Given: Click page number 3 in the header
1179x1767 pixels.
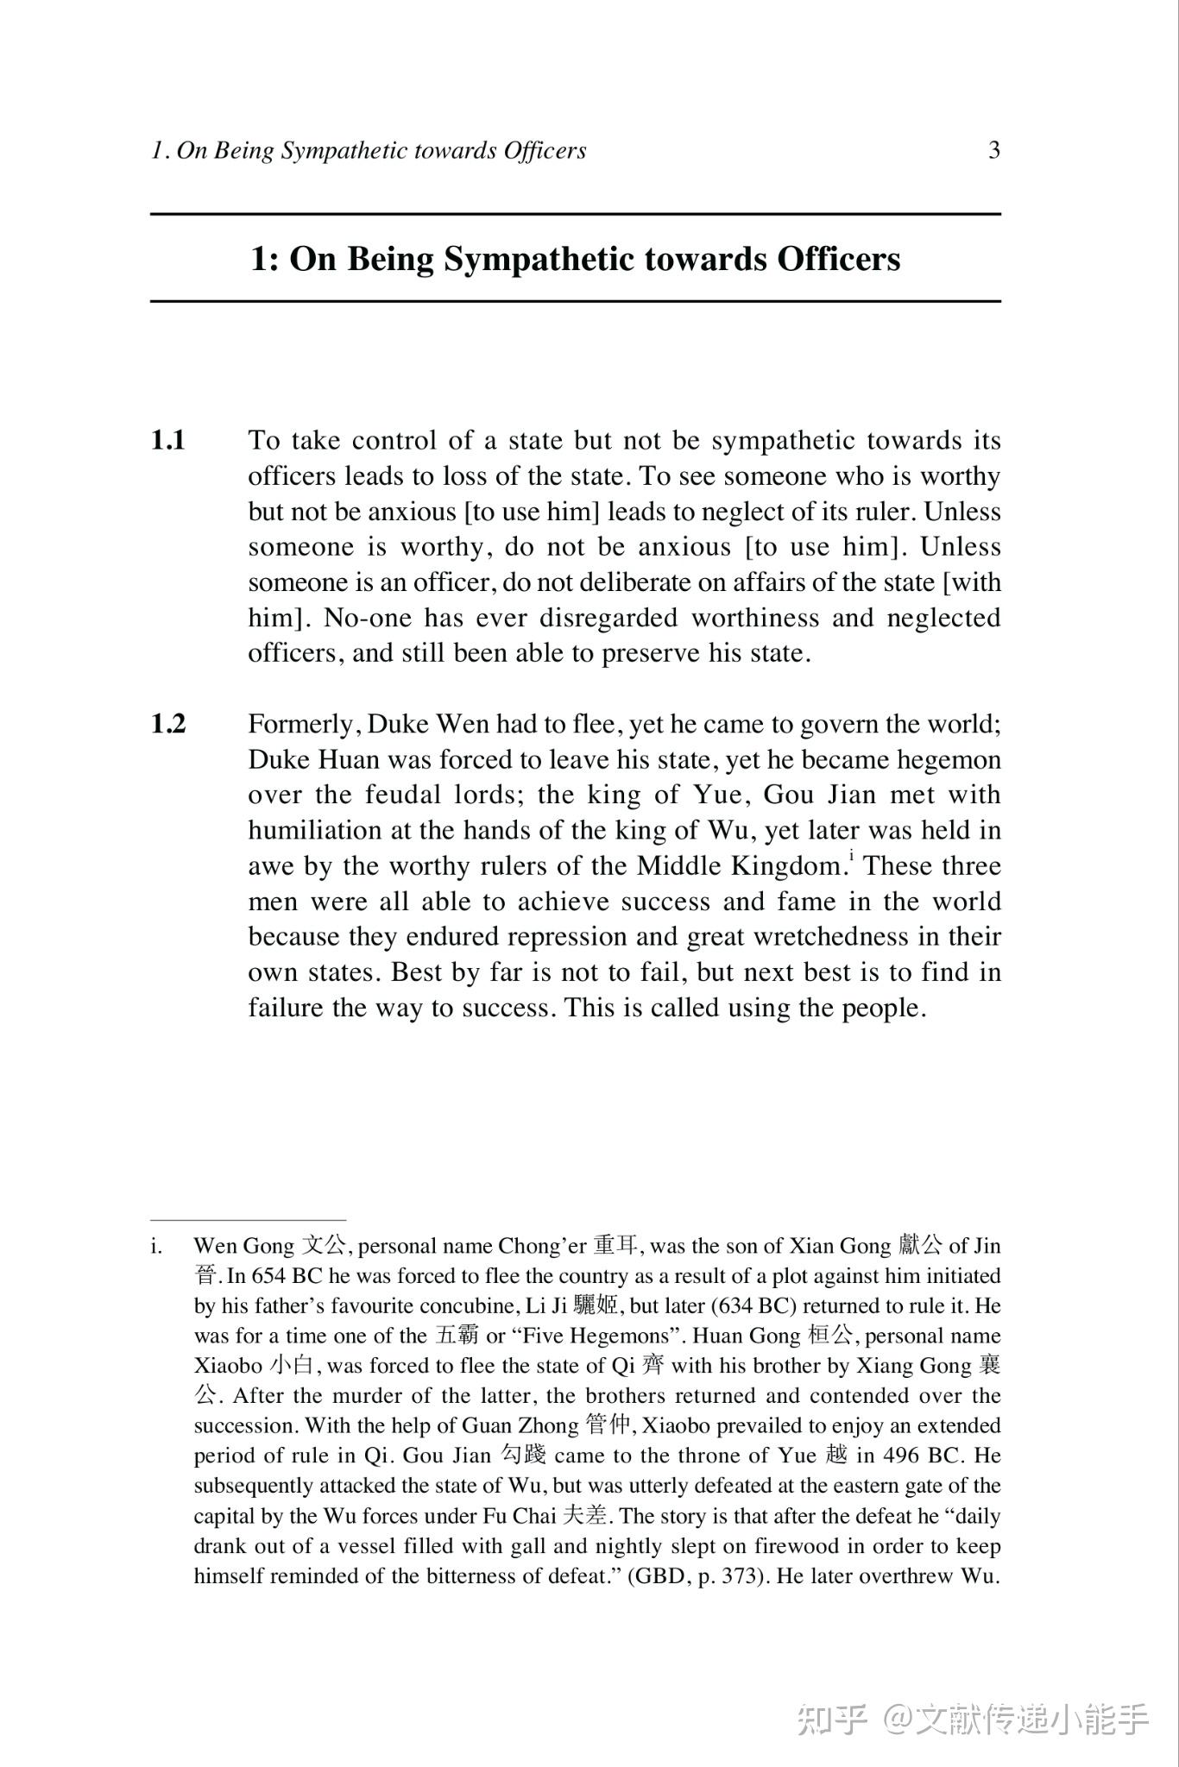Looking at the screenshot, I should coord(993,151).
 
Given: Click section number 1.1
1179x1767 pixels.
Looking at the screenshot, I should coord(168,441).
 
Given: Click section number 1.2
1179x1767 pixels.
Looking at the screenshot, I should coord(168,724).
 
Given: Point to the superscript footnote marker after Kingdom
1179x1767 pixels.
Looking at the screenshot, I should coord(851,856).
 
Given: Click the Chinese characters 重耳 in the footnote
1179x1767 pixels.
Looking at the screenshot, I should coord(615,1246).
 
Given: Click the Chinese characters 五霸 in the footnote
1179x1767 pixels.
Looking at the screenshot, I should coord(457,1336).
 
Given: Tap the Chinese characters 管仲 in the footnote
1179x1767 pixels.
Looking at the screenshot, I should coord(608,1425).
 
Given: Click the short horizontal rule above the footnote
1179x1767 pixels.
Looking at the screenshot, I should coord(248,1220).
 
